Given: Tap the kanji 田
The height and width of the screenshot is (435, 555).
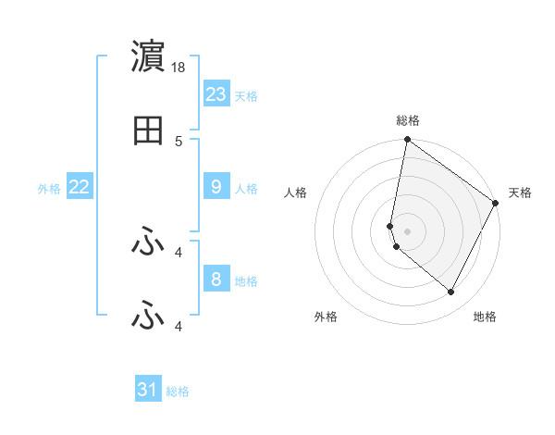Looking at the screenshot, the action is click(148, 131).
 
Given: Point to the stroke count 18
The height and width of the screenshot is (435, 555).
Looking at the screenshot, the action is click(179, 68).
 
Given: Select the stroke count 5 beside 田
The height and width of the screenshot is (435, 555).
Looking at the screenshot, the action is click(179, 142).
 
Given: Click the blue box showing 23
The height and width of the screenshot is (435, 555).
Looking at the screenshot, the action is click(216, 93).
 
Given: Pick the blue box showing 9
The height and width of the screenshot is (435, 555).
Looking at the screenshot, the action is click(216, 187).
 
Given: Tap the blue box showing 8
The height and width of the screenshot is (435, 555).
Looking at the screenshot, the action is click(216, 279).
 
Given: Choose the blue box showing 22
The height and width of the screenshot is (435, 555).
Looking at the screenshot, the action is click(80, 187).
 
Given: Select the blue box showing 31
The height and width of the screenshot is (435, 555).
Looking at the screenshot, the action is click(148, 390).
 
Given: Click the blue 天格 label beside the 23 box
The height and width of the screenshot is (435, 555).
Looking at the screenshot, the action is click(246, 95).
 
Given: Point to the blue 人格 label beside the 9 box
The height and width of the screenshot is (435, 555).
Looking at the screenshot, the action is click(246, 189).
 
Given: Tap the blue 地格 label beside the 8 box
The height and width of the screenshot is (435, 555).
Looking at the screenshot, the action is click(246, 280).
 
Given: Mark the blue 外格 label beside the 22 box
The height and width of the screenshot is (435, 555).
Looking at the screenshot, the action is click(49, 189).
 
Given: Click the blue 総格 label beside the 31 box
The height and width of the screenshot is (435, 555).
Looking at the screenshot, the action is click(178, 391).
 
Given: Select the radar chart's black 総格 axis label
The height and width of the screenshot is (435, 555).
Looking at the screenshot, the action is click(408, 120).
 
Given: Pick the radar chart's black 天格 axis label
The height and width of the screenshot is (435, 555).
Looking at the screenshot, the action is click(521, 193).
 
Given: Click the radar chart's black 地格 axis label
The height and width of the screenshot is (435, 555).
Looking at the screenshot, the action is click(485, 317).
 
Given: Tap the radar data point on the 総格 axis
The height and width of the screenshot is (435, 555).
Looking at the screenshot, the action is click(407, 141).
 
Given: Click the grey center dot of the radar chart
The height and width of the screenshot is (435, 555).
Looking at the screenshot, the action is click(407, 230).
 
